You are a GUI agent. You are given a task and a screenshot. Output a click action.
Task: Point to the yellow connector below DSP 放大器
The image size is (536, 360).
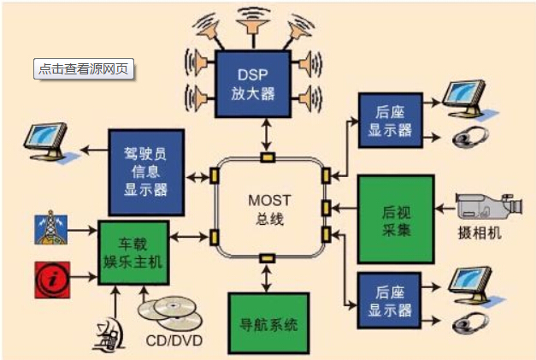point(268,156)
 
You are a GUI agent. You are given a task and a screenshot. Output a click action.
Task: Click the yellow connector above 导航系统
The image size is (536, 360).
point(267,258)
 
